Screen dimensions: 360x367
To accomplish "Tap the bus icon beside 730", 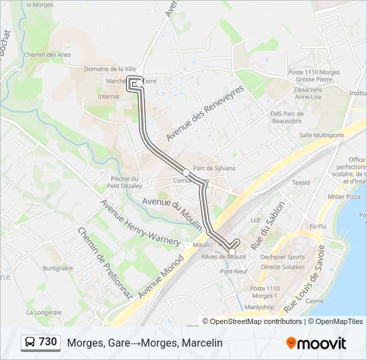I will pos(29,343).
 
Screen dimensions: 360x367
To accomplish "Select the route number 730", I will pos(47,342).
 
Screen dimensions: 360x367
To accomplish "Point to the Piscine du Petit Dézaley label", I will pos(125,182).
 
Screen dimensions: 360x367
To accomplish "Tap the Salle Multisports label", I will pos(322,135).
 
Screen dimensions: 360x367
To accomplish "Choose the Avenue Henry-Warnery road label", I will pos(140,221).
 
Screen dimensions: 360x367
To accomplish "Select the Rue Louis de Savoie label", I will pos(304,279).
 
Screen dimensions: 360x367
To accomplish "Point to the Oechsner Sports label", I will pos(282,257).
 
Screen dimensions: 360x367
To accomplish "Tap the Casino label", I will pos(315,301).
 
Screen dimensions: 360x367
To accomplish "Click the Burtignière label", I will pos(58,268).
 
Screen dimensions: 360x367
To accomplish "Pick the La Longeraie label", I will pos(44,311).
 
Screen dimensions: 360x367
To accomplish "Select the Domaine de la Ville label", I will pos(110,69).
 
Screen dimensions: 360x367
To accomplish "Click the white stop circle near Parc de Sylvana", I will pos(186,173).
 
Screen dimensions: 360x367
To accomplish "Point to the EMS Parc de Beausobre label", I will pos(288,117).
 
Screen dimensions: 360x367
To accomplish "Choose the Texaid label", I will pos(301,182).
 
